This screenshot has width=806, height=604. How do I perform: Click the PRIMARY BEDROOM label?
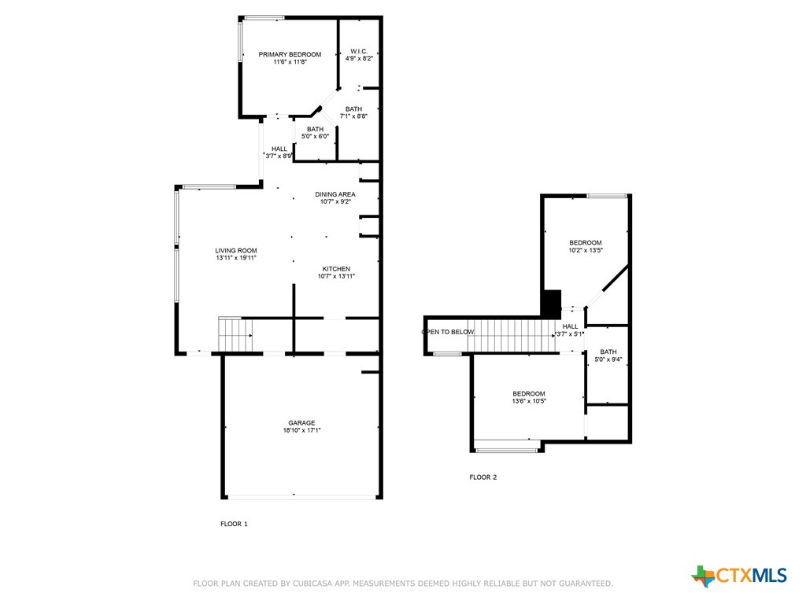point(290,54)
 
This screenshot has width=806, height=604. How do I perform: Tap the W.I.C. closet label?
point(359,51)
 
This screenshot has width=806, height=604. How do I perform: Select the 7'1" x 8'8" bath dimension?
point(353,116)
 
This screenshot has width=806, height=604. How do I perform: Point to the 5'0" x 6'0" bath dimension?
point(315,136)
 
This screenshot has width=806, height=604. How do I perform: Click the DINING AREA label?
point(335,194)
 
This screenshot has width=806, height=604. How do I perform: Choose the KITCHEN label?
point(336,269)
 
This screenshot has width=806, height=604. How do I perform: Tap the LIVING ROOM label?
point(236,251)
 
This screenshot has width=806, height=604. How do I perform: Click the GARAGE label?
point(301,422)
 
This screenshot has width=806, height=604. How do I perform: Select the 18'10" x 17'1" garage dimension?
point(301,430)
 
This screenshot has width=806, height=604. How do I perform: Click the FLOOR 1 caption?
point(234,524)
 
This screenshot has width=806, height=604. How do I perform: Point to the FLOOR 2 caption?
point(483,477)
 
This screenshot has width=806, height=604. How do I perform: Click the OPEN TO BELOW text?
point(448,332)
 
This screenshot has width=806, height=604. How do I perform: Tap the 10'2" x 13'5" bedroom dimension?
point(586,250)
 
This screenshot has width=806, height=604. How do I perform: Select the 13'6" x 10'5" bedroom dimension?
point(529,401)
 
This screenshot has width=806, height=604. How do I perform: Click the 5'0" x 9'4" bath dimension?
point(608,359)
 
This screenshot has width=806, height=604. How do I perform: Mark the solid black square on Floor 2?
point(552,304)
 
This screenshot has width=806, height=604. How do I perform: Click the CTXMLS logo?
point(739,576)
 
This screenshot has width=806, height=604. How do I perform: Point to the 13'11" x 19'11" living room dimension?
point(236,258)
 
